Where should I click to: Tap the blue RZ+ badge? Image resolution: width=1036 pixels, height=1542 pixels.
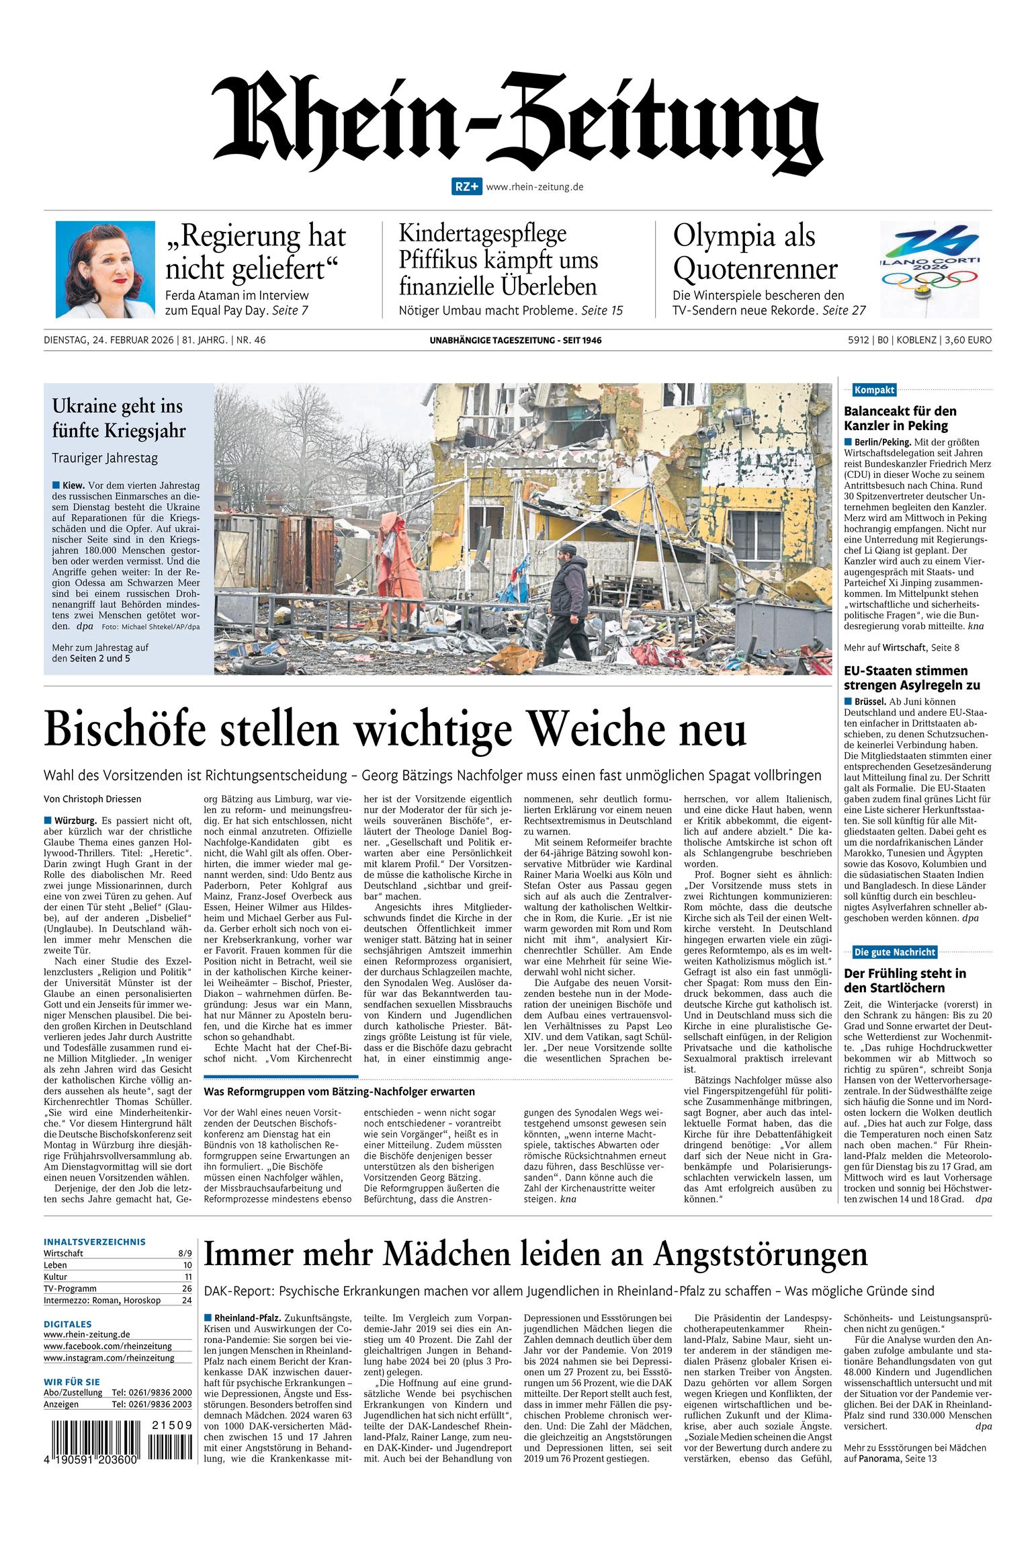tap(466, 188)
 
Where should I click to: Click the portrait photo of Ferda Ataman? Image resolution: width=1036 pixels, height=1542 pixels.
tap(95, 270)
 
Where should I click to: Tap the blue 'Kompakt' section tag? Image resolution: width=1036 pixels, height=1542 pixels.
tap(873, 390)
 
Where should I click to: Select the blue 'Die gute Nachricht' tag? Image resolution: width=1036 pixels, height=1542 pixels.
tap(894, 951)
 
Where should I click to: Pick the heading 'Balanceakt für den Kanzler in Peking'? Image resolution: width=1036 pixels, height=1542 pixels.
tap(900, 418)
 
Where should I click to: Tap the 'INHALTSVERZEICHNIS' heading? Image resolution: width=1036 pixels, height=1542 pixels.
tap(95, 1242)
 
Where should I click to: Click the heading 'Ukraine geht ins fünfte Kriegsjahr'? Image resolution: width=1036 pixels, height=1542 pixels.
tap(119, 418)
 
